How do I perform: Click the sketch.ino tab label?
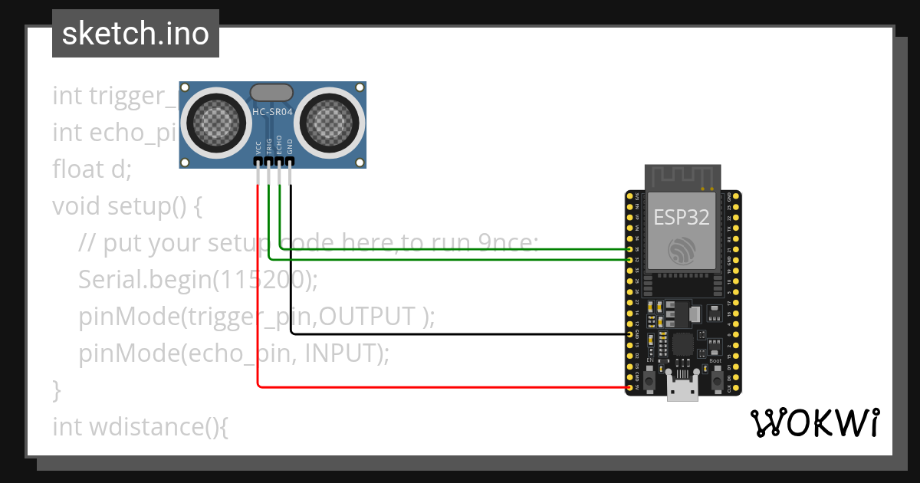[135, 34]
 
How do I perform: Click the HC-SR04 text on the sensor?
[272, 113]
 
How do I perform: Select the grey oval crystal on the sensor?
[272, 93]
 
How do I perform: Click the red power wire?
[429, 387]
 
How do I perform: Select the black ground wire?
[460, 334]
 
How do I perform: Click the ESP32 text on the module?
[681, 217]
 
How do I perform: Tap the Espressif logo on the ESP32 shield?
[681, 251]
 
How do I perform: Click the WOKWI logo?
[814, 422]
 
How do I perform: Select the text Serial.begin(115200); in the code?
[198, 280]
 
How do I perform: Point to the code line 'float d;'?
[92, 169]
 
